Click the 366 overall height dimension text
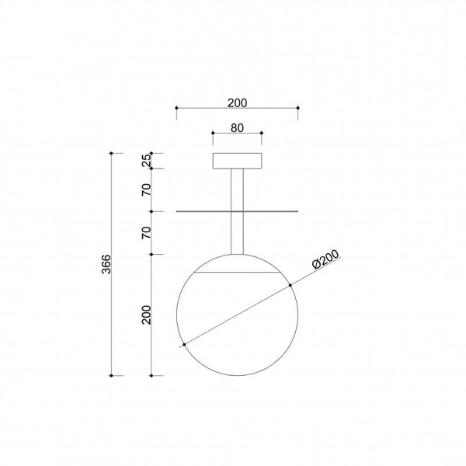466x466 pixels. click(x=106, y=264)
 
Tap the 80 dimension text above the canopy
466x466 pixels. click(x=237, y=127)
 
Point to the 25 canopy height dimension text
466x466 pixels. click(x=145, y=162)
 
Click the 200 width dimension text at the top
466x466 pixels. click(x=237, y=102)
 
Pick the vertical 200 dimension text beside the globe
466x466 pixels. click(x=145, y=315)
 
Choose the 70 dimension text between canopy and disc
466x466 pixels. click(x=145, y=190)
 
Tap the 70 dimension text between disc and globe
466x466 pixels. click(x=145, y=232)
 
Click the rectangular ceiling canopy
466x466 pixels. click(x=237, y=161)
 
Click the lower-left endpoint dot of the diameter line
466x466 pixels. click(x=183, y=344)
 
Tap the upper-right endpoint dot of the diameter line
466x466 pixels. click(x=290, y=284)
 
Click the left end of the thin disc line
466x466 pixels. click(x=178, y=210)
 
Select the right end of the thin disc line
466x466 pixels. click(x=297, y=210)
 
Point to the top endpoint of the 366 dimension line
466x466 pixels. click(x=112, y=153)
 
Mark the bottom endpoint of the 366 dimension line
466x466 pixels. click(x=112, y=375)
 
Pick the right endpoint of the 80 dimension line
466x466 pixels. click(x=262, y=134)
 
